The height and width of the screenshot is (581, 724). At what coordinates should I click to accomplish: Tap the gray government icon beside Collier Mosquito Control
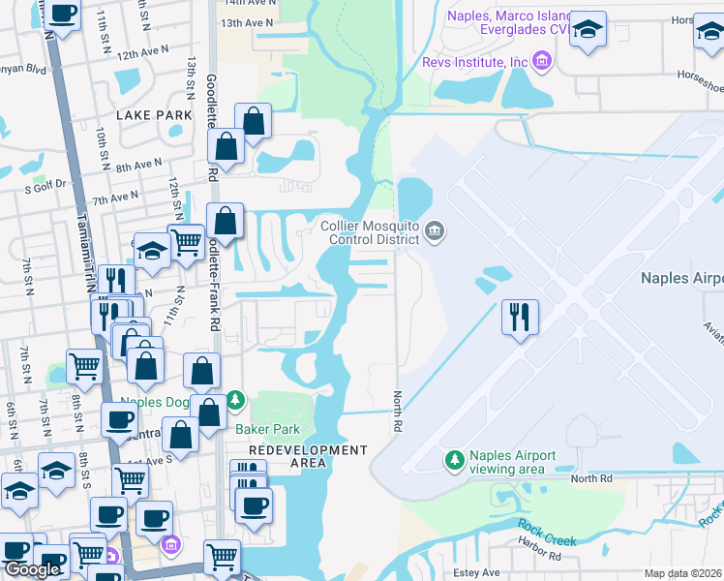tap(434, 230)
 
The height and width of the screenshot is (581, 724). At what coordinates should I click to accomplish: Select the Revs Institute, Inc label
tap(475, 62)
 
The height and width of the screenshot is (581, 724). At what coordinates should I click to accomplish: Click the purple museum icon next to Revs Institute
tap(541, 63)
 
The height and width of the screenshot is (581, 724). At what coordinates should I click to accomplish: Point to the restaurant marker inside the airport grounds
tap(520, 316)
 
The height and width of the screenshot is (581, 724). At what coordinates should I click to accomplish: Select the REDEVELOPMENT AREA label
tap(308, 457)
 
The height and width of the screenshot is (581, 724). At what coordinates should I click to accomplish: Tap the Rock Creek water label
tap(546, 533)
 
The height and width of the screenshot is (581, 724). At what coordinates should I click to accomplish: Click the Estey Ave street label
tap(478, 572)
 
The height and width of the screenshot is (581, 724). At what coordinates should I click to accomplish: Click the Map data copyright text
tap(682, 573)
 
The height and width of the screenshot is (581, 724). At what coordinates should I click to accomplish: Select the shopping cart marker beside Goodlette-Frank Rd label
tap(185, 241)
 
